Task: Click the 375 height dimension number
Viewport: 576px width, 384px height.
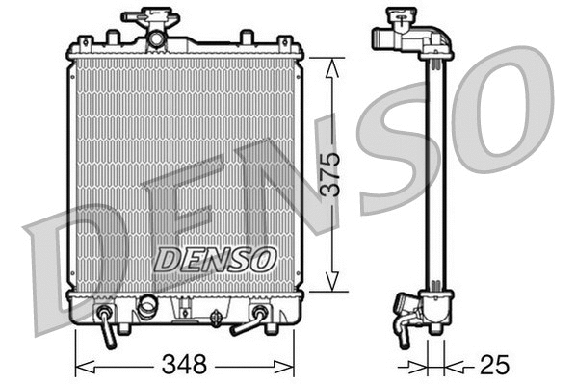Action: click(x=330, y=174)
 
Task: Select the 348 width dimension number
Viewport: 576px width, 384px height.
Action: click(x=185, y=365)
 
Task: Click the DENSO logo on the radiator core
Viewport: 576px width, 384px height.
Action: click(x=216, y=258)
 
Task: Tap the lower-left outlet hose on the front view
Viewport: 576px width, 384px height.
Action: click(x=107, y=326)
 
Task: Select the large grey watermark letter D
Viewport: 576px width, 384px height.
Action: click(x=72, y=260)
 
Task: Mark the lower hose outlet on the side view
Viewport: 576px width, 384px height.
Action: click(x=401, y=322)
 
